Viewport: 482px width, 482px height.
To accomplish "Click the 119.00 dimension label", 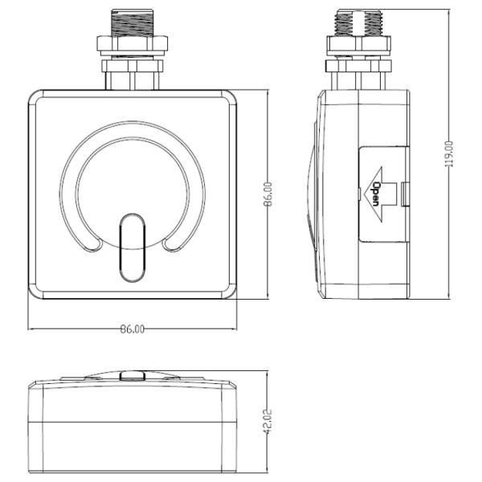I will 450,152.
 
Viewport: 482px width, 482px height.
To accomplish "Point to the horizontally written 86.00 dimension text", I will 133,329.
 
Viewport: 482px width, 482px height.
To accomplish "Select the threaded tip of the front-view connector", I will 132,22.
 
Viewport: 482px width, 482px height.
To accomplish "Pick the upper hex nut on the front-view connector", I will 132,43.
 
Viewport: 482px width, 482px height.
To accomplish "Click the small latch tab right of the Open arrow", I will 403,193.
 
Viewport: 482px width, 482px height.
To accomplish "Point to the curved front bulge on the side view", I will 312,193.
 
